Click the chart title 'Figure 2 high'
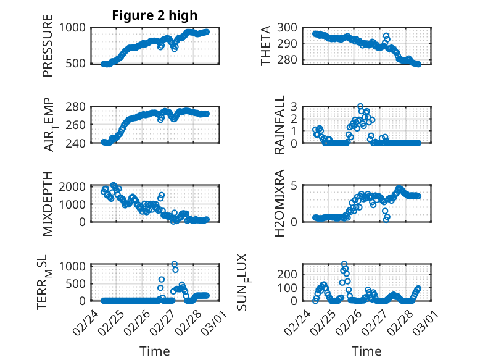(x=155, y=15)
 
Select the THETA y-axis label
(x=266, y=46)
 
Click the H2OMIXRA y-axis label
(x=280, y=203)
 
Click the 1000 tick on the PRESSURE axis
(x=76, y=27)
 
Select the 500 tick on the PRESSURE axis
(x=78, y=64)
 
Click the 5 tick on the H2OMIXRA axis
(x=294, y=186)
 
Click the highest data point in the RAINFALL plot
(x=360, y=106)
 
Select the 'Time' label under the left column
(x=155, y=351)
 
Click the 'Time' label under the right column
(x=366, y=351)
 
